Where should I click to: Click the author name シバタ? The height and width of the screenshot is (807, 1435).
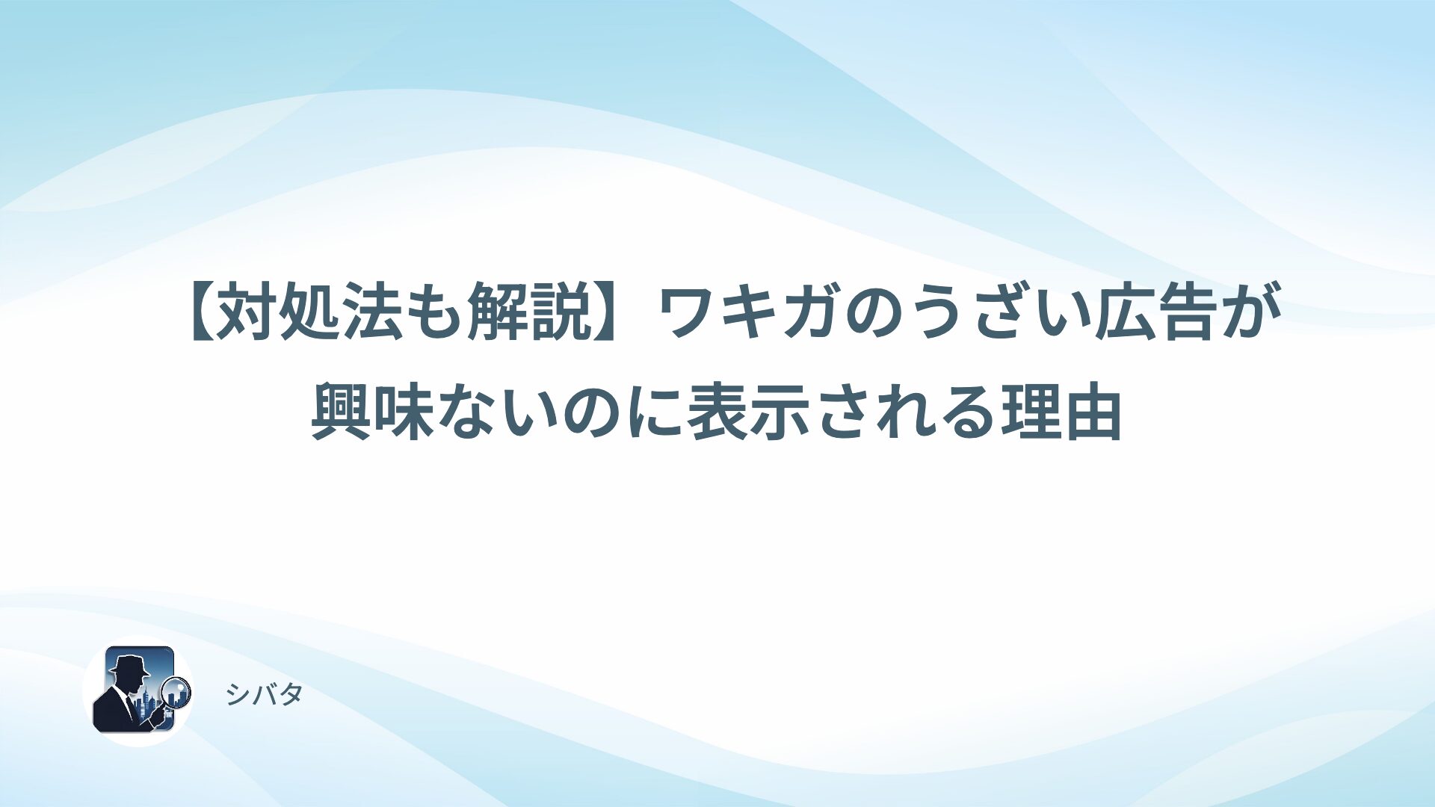[x=264, y=694]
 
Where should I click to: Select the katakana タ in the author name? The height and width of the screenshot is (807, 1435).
[x=291, y=694]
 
